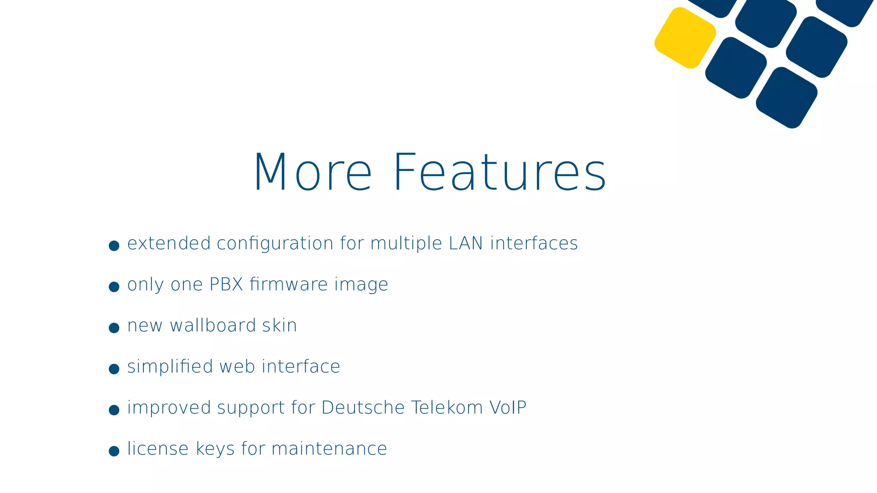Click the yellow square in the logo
point(685,38)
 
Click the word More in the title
point(313,172)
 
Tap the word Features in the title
point(499,172)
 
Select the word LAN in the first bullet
point(466,244)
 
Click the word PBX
point(226,285)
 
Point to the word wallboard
point(213,326)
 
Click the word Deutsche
point(363,408)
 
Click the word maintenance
point(329,449)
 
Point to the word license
point(158,449)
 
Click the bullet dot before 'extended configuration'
point(114,246)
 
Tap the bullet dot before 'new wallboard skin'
point(114,328)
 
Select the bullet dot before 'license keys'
point(114,451)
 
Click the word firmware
point(289,285)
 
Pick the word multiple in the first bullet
point(406,244)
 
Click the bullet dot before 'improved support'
point(114,410)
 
